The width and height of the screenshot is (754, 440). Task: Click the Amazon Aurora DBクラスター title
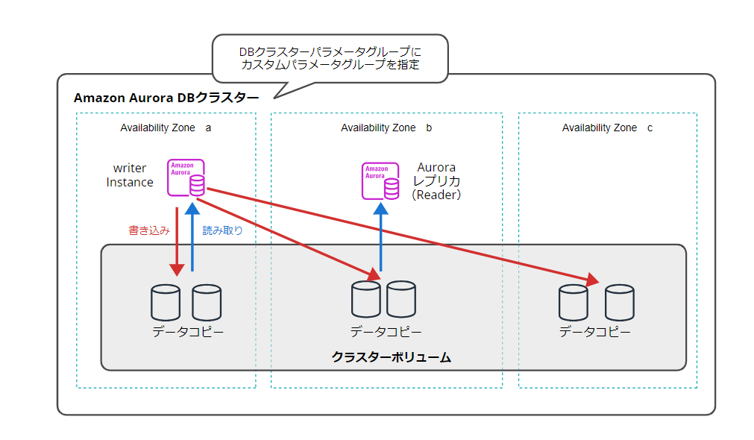tap(166, 98)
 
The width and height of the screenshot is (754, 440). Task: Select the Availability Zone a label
tap(166, 128)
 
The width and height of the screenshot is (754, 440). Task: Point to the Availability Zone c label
tap(607, 128)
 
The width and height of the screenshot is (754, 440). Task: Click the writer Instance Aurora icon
tap(186, 177)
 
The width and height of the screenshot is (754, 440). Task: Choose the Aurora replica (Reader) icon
tap(380, 181)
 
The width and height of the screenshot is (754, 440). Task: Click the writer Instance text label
tap(130, 175)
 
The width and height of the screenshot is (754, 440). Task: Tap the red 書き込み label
tap(149, 230)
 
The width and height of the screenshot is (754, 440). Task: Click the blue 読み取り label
tap(222, 230)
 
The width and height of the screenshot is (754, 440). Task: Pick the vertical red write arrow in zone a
tap(177, 239)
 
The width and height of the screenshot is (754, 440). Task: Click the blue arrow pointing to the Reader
tap(380, 239)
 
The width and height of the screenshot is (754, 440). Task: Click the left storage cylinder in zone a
tap(166, 303)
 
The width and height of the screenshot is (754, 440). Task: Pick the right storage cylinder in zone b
tap(401, 299)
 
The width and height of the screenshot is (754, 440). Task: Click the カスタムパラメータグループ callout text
tap(330, 58)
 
